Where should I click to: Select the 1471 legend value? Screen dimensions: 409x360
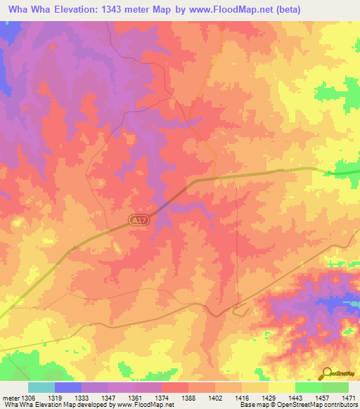tap(349, 397)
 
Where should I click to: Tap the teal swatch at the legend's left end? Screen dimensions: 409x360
tap(41, 387)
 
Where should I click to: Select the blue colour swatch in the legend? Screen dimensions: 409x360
tap(68, 387)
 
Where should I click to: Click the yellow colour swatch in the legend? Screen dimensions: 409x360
tap(282, 387)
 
